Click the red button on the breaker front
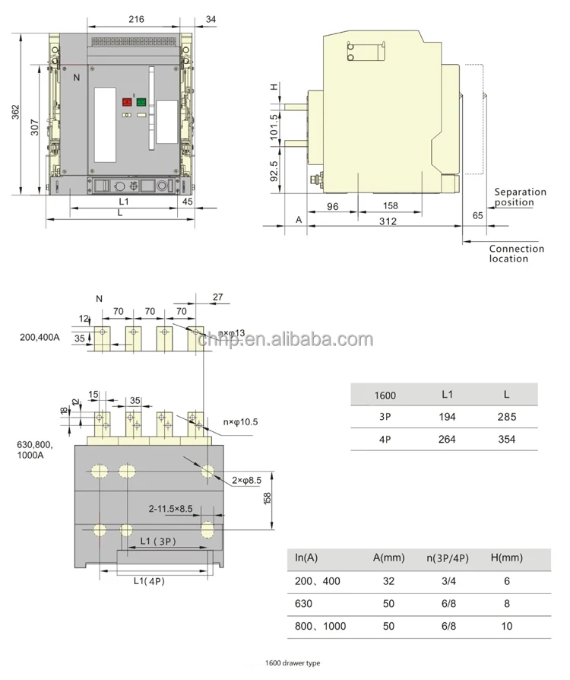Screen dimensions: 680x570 pyautogui.click(x=127, y=102)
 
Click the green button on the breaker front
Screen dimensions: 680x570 pyautogui.click(x=141, y=102)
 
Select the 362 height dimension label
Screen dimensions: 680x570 pyautogui.click(x=15, y=112)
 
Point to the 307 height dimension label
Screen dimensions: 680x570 pyautogui.click(x=35, y=129)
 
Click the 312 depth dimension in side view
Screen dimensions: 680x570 pyautogui.click(x=388, y=221)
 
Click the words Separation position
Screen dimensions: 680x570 pyautogui.click(x=519, y=197)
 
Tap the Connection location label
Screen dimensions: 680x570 pyautogui.click(x=516, y=253)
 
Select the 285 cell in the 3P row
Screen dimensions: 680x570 pyautogui.click(x=507, y=417)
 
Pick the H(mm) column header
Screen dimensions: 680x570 pyautogui.click(x=507, y=558)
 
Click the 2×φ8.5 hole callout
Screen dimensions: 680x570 pyautogui.click(x=246, y=479)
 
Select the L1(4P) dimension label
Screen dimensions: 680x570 pyautogui.click(x=149, y=581)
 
